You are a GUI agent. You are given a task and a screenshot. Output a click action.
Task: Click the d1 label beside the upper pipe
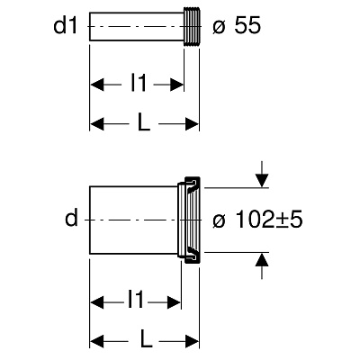pyautogui.click(x=66, y=26)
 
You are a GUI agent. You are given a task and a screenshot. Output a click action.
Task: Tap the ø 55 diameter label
pyautogui.click(x=237, y=26)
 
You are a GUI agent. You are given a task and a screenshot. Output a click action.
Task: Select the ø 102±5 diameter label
pyautogui.click(x=257, y=220)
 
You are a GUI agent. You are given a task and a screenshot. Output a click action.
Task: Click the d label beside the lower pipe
pyautogui.click(x=71, y=218)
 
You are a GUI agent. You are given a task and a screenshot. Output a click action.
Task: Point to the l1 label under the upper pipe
pyautogui.click(x=139, y=83)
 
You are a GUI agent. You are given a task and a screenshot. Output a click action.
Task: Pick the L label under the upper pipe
pyautogui.click(x=144, y=122)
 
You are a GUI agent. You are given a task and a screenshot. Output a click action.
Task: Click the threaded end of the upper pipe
pyautogui.click(x=191, y=26)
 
